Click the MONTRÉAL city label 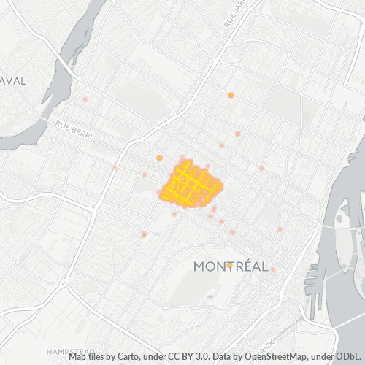tap(231, 266)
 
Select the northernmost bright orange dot tap(231, 95)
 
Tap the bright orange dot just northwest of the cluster tap(159, 158)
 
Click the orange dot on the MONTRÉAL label tap(229, 265)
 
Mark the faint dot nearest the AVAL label tap(85, 99)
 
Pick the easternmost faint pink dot tap(280, 229)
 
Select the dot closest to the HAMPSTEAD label tap(145, 234)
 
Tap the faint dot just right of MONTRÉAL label tap(274, 269)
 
